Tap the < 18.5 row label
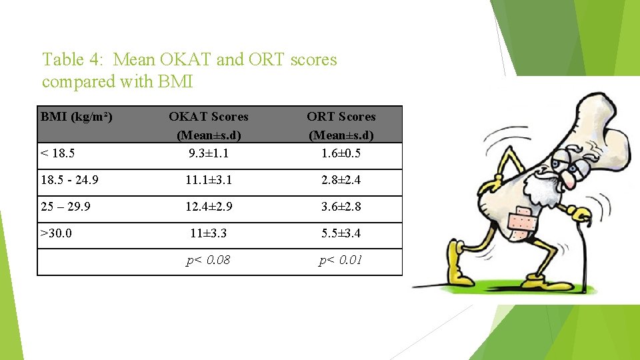[58, 153]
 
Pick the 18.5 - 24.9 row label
[70, 180]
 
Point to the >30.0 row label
[57, 234]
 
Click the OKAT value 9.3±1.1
[209, 153]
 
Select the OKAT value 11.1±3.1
[209, 180]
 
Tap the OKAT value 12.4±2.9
[209, 207]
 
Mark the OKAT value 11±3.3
[209, 234]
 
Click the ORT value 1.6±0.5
[341, 153]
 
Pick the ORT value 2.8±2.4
[341, 180]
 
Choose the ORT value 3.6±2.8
[341, 207]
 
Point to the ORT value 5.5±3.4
[341, 234]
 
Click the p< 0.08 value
[209, 260]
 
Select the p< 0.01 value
[341, 260]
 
